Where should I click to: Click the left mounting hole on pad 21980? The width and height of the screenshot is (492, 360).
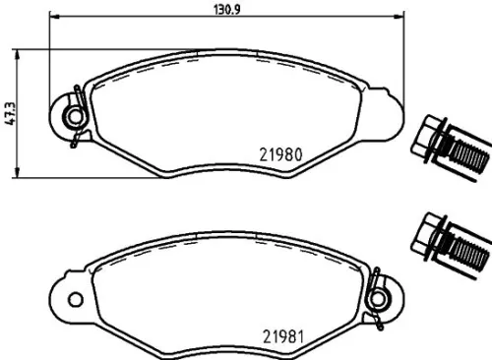(x=73, y=118)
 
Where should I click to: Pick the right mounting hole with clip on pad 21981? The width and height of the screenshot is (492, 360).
(x=377, y=295)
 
